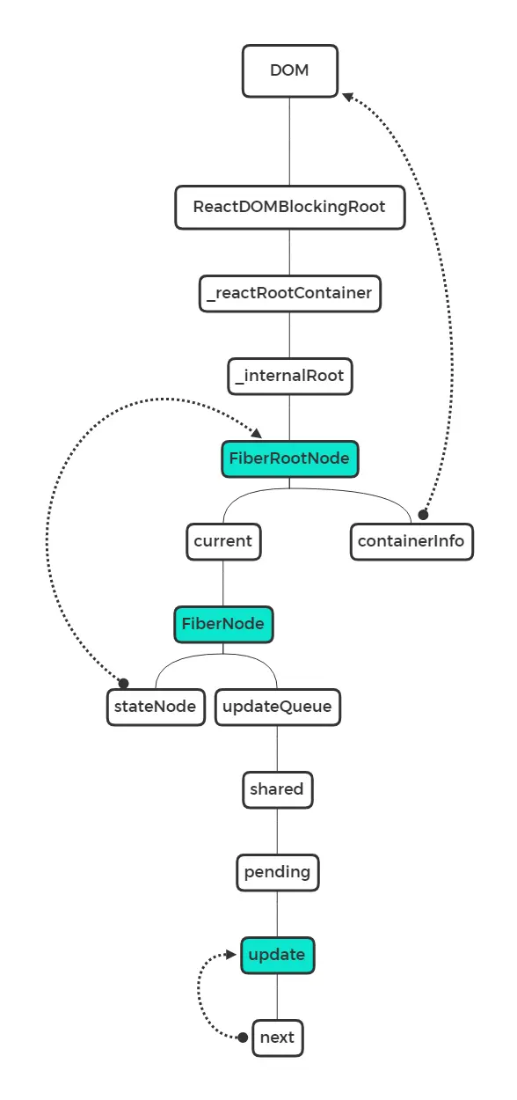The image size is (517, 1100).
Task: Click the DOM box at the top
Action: [x=289, y=70]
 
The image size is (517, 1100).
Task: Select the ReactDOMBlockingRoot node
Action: [x=289, y=208]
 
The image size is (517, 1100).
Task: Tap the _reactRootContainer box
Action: [x=289, y=292]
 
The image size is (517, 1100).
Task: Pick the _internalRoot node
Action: [x=289, y=377]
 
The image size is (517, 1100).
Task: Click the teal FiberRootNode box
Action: [x=289, y=458]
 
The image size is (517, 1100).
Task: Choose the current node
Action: [x=222, y=540]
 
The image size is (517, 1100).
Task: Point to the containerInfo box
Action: [x=411, y=540]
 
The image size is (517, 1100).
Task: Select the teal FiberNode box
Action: [x=222, y=624]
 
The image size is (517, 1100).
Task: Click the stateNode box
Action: [x=155, y=706]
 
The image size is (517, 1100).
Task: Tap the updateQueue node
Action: [x=277, y=706]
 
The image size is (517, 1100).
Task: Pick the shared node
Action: [x=277, y=789]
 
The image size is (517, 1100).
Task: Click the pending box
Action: [x=277, y=873]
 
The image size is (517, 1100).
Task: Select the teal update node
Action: [x=277, y=955]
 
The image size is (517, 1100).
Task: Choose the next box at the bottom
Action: [x=277, y=1038]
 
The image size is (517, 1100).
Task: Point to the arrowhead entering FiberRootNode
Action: [x=256, y=433]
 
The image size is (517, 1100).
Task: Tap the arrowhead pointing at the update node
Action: [x=234, y=955]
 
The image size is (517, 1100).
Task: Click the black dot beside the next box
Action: [x=244, y=1038]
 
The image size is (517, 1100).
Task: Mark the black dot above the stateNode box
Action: [x=124, y=683]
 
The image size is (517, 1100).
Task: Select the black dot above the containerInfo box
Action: [x=423, y=513]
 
